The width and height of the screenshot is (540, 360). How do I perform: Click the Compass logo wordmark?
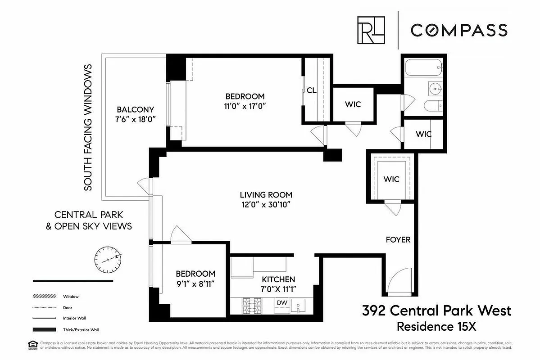point(458,30)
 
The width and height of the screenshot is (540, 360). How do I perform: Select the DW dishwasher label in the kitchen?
point(282,303)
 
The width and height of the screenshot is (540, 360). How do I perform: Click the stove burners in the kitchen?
point(252,306)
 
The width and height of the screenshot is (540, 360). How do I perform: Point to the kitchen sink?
point(298,306)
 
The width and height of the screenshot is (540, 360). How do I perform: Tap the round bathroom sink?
point(435,89)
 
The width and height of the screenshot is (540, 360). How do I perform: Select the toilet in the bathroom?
point(433,107)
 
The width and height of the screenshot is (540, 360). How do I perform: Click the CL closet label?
point(311,90)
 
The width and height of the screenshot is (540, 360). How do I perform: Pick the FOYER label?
point(398,239)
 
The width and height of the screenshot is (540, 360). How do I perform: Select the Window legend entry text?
point(71,297)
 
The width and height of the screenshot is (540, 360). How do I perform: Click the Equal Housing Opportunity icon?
point(31,346)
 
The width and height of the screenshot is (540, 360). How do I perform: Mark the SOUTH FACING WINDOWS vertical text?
point(88,127)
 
